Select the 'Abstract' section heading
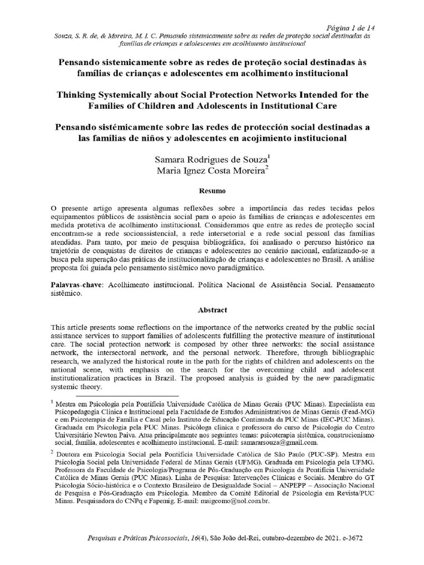click(x=211, y=311)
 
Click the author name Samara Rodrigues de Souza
click(x=211, y=159)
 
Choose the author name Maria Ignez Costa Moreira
click(x=211, y=171)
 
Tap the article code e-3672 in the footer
click(x=349, y=537)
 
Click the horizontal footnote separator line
click(x=127, y=396)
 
